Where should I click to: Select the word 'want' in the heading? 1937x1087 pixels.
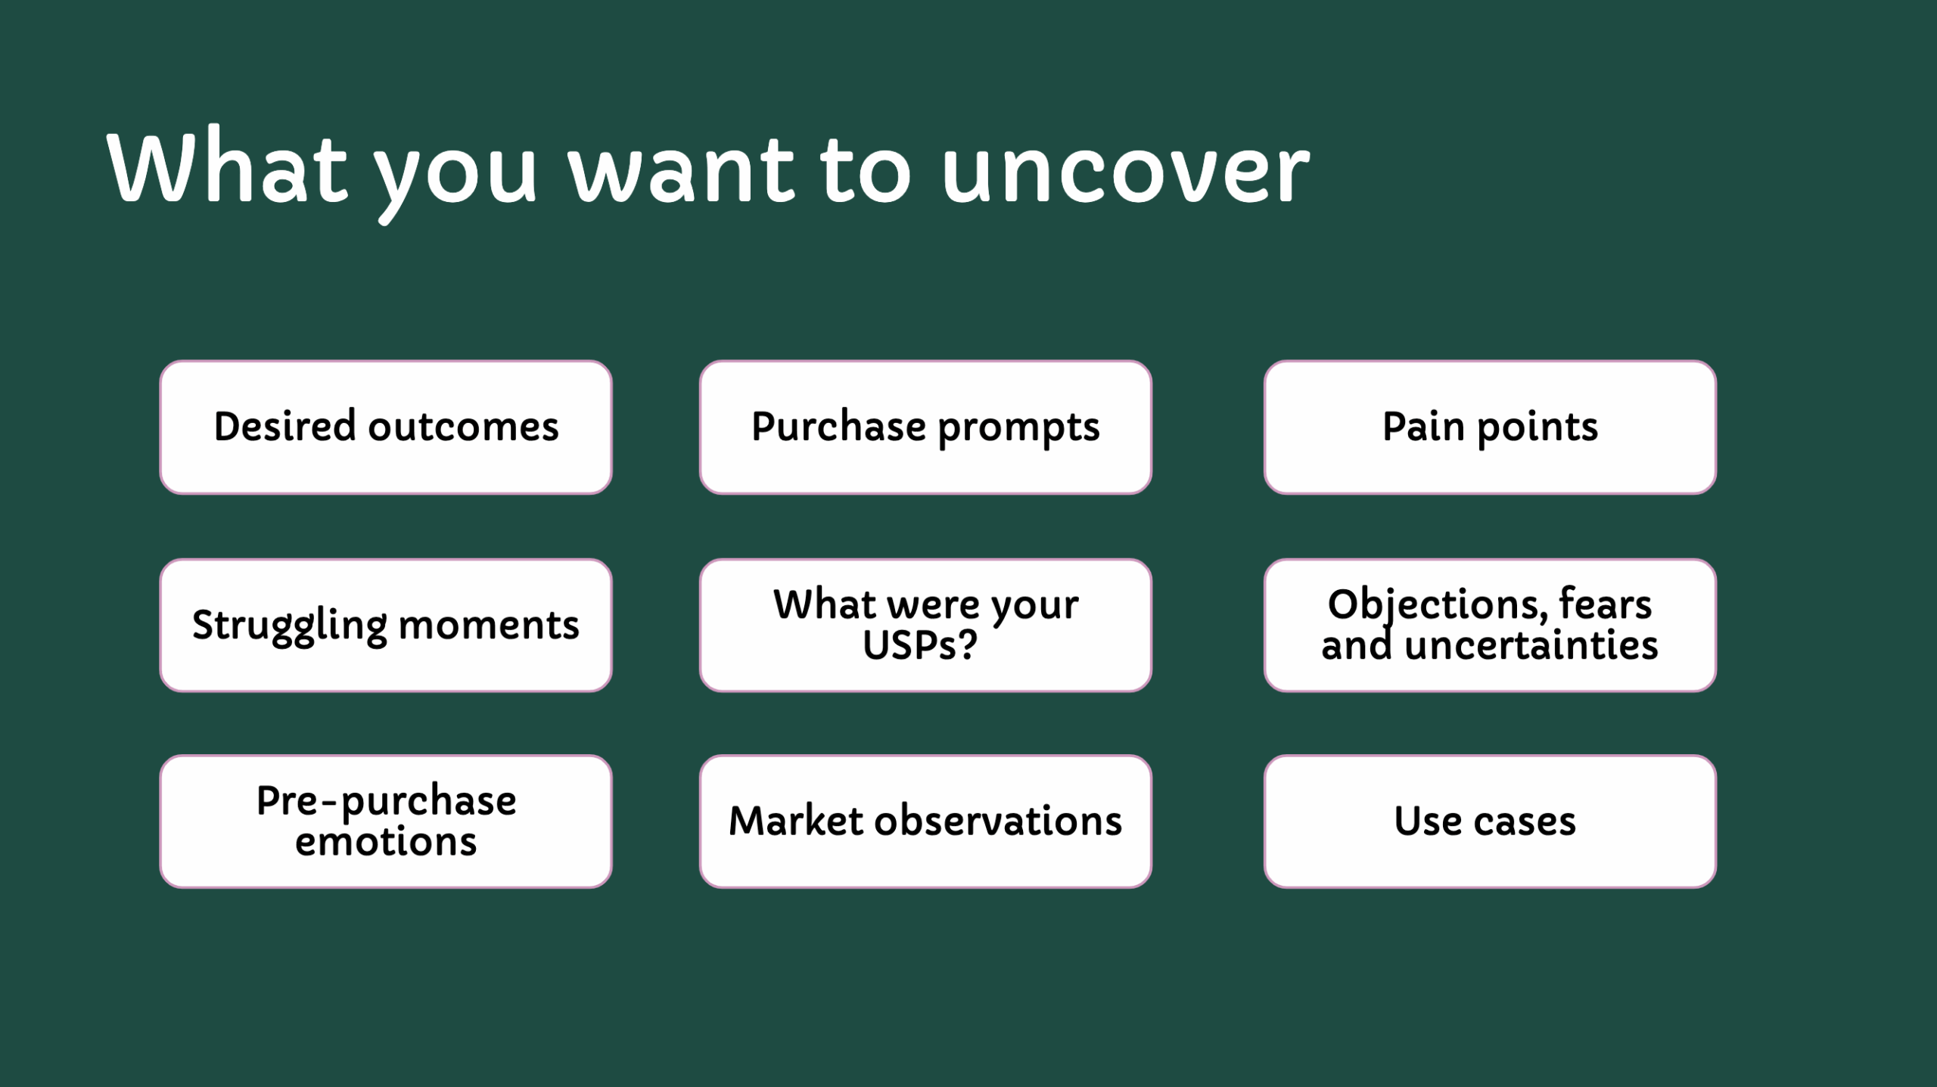tap(682, 170)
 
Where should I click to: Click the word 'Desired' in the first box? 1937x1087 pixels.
tap(284, 426)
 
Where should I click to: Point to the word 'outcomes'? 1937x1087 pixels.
tap(464, 427)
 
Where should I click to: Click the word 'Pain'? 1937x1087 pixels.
tap(1423, 427)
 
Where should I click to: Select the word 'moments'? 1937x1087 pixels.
tap(489, 626)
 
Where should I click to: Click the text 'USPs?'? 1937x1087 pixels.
tap(920, 645)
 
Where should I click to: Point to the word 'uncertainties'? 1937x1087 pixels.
tap(1531, 645)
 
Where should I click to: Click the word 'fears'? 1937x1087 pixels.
tap(1606, 604)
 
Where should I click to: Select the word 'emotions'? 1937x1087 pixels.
tap(386, 841)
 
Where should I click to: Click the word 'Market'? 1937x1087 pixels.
tap(795, 821)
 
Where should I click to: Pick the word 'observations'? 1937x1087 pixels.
tap(998, 821)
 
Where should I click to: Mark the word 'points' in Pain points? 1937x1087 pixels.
tap(1537, 428)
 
